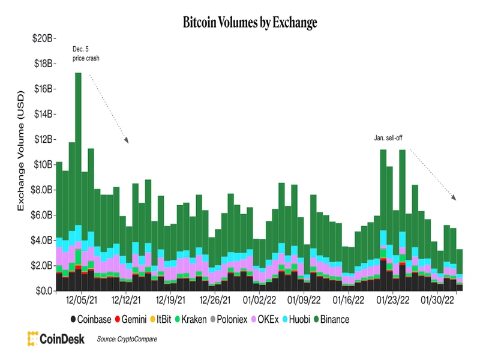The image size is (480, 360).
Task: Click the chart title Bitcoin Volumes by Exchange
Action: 241,23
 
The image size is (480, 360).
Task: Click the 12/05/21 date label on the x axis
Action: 83,299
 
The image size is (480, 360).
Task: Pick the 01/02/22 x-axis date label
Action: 259,299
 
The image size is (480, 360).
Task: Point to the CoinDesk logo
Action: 58,338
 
